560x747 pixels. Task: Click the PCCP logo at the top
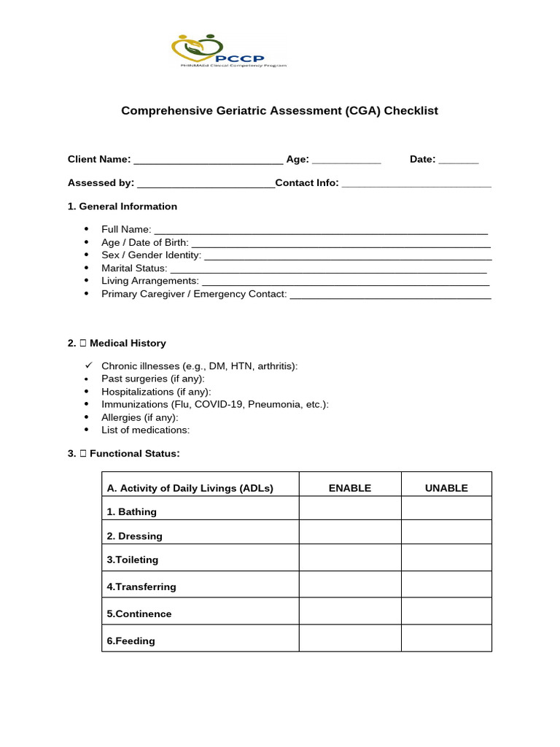point(228,51)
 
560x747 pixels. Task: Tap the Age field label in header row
point(297,159)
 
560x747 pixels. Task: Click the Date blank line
point(459,160)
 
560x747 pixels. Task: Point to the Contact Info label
point(307,182)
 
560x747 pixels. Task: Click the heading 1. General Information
point(122,206)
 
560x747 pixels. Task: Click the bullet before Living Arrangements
point(87,281)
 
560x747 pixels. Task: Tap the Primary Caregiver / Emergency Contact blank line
point(390,295)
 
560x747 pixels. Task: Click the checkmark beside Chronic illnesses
point(87,365)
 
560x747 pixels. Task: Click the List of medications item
point(145,430)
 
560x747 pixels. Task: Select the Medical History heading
point(128,343)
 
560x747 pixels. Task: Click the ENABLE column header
point(349,488)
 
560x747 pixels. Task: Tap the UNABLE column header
point(446,488)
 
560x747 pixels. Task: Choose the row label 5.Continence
point(139,614)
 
